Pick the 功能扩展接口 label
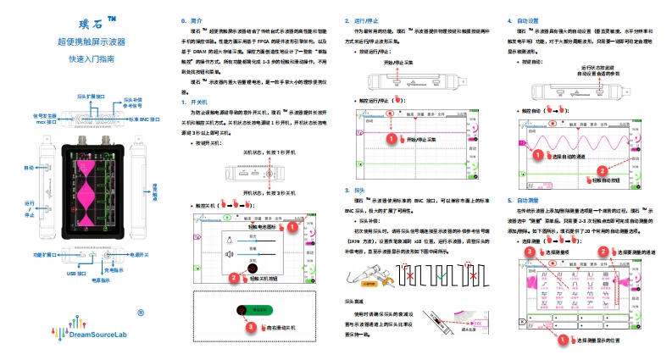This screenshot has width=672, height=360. (x=45, y=253)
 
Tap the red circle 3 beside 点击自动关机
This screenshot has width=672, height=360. (x=249, y=326)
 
